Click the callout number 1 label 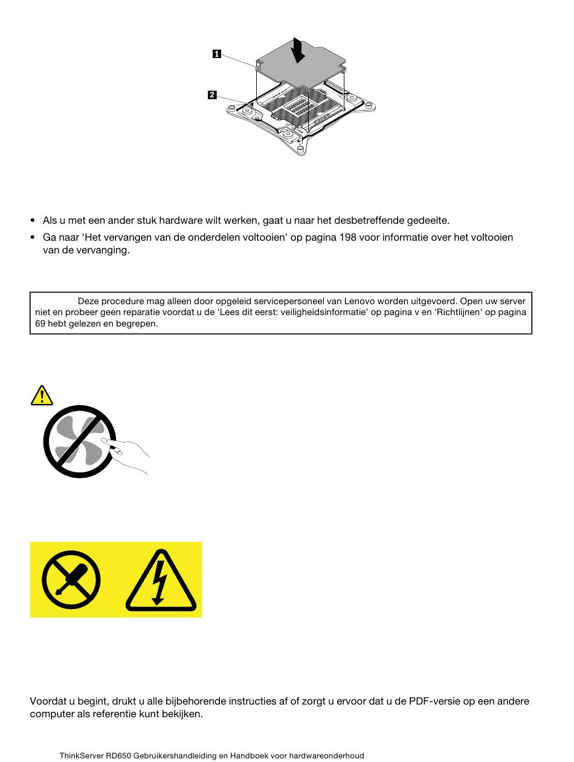pos(217,54)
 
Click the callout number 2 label pos(212,95)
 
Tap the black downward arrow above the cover pos(298,50)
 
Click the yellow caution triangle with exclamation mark pos(42,396)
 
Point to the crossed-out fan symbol pos(80,441)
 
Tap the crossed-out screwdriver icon pos(71,579)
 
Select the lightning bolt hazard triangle pos(161,580)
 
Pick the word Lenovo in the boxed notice pos(359,301)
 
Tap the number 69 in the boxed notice pos(40,324)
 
